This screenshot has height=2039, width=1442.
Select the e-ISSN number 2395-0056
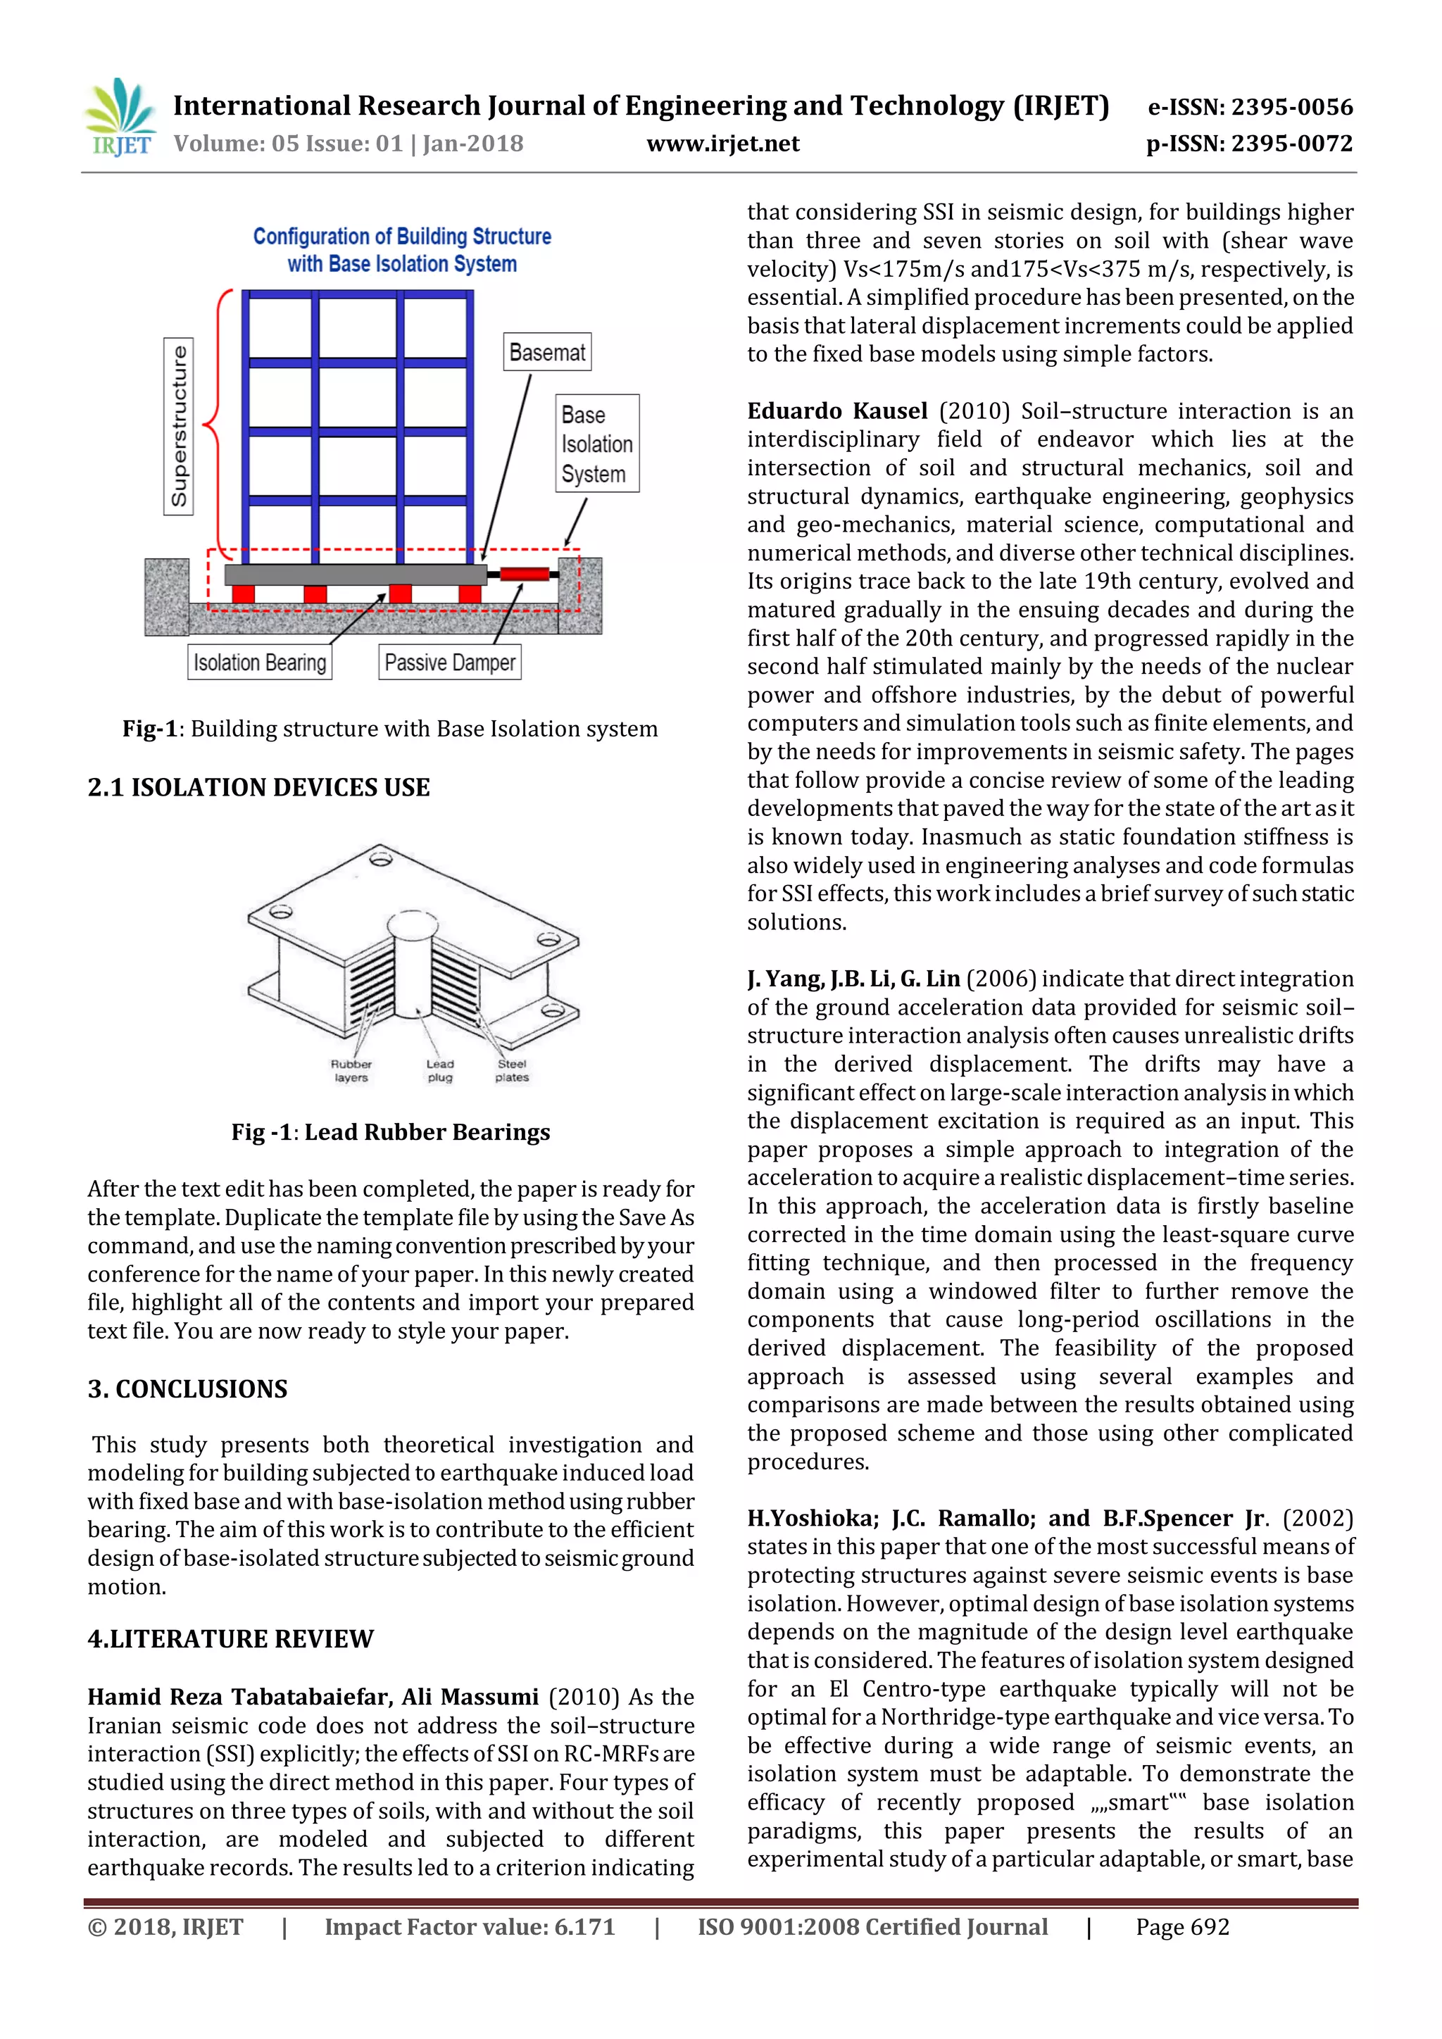pyautogui.click(x=1250, y=108)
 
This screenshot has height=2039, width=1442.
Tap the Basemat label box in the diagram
pyautogui.click(x=547, y=353)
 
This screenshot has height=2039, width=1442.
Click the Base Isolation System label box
pyautogui.click(x=596, y=444)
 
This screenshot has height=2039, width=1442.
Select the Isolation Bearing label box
pyautogui.click(x=260, y=663)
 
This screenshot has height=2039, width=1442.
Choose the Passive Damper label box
pyautogui.click(x=449, y=663)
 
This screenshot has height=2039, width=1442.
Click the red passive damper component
pyautogui.click(x=524, y=575)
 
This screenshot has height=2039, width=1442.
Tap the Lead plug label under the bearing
pyautogui.click(x=439, y=1070)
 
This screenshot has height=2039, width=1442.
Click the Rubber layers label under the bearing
pyautogui.click(x=351, y=1070)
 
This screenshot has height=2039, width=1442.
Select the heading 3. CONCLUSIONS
pyautogui.click(x=187, y=1389)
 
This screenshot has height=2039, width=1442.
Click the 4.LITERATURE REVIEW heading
pyautogui.click(x=231, y=1638)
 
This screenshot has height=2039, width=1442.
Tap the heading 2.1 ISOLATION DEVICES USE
pyautogui.click(x=258, y=788)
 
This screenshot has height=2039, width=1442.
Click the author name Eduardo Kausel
pyautogui.click(x=836, y=411)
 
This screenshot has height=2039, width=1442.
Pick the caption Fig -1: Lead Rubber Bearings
pyautogui.click(x=391, y=1132)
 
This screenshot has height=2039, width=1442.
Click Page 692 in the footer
pyautogui.click(x=1182, y=1927)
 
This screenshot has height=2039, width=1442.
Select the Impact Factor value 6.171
pyautogui.click(x=469, y=1927)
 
